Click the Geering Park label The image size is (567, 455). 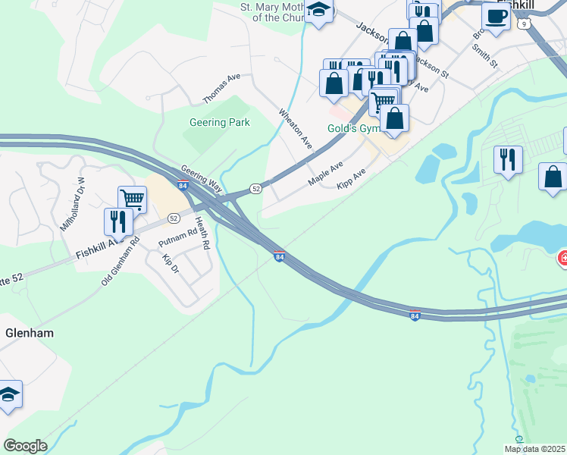tap(219, 122)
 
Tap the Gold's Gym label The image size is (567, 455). tap(352, 128)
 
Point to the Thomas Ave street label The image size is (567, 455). tap(221, 89)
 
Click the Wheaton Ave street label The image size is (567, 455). tap(296, 127)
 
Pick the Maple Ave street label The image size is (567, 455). tap(325, 174)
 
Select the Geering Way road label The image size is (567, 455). tap(200, 177)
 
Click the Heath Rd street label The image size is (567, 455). tap(202, 233)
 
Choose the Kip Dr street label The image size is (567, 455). tap(170, 264)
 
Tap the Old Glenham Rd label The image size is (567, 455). tap(121, 262)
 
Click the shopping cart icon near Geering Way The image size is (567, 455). tap(132, 199)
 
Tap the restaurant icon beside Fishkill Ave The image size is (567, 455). tap(117, 221)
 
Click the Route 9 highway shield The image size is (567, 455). tap(524, 24)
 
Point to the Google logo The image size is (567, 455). tap(25, 446)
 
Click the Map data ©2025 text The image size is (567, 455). tap(534, 449)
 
